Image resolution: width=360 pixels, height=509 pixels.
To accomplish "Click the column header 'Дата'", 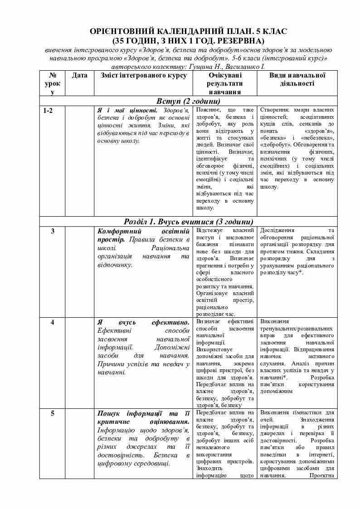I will (79, 75).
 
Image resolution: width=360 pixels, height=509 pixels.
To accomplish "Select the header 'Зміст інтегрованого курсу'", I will (144, 75).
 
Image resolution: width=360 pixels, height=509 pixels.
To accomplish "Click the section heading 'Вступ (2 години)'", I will (188, 100).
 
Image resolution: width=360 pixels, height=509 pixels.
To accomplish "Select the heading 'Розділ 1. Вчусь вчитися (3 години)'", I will (188, 221).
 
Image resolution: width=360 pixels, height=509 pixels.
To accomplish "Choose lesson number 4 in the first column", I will (53, 322).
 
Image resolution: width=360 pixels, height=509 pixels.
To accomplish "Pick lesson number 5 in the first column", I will (53, 413).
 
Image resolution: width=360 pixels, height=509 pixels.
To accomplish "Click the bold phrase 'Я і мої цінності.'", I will (127, 111).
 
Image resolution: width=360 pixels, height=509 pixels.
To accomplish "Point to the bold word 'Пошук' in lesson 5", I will (109, 413).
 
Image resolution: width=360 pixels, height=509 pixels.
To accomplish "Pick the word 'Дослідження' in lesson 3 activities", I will (277, 230).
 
